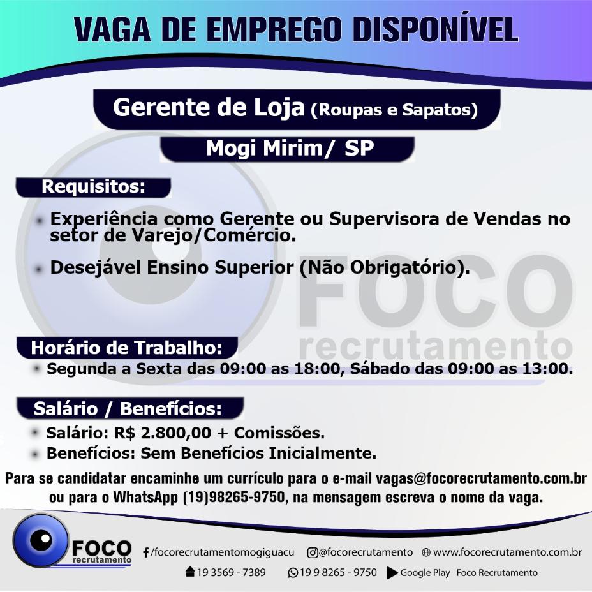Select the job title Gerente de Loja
pyautogui.click(x=209, y=107)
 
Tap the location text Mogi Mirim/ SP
pyautogui.click(x=290, y=148)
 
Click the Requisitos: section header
pyautogui.click(x=93, y=186)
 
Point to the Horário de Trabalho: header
pyautogui.click(x=126, y=348)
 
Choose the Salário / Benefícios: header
pyautogui.click(x=128, y=408)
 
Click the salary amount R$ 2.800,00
pyautogui.click(x=162, y=433)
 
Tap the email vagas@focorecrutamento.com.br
pyautogui.click(x=481, y=478)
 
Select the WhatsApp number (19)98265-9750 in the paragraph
pyautogui.click(x=233, y=497)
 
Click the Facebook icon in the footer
pyautogui.click(x=145, y=552)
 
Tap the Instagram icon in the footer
pyautogui.click(x=312, y=552)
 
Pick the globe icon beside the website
pyautogui.click(x=426, y=552)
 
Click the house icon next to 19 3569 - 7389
pyautogui.click(x=190, y=572)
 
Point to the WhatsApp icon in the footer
pyautogui.click(x=293, y=573)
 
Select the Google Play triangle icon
pyautogui.click(x=392, y=573)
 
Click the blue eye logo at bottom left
pyautogui.click(x=41, y=540)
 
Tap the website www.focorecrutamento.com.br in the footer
pyautogui.click(x=507, y=552)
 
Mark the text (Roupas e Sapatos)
pyautogui.click(x=394, y=110)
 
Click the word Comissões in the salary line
pyautogui.click(x=279, y=433)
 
